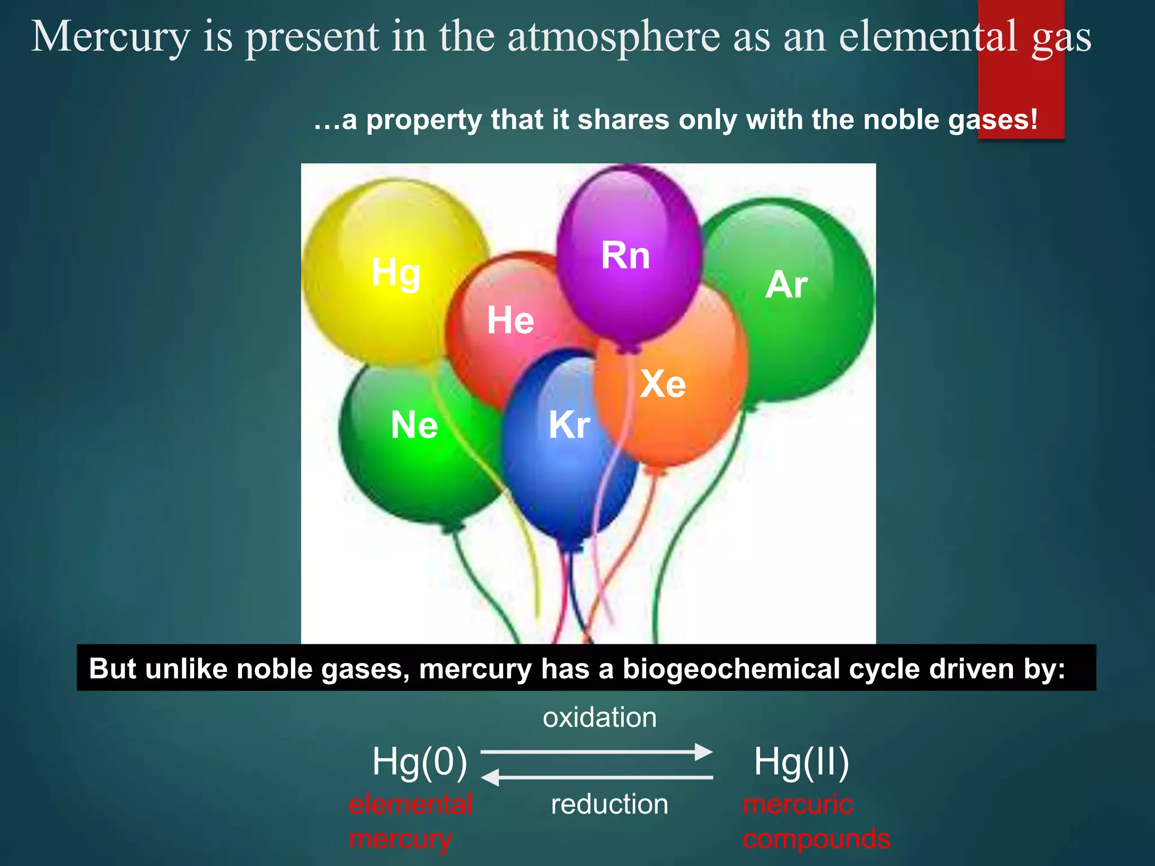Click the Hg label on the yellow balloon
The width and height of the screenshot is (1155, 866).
pos(396,272)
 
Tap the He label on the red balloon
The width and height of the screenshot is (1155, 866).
pos(510,320)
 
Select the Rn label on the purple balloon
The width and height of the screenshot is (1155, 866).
pos(625,255)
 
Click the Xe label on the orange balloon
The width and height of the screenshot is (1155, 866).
pos(663,384)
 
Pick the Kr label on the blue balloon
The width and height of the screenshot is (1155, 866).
pos(570,425)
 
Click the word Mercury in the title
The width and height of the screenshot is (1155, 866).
pos(111,37)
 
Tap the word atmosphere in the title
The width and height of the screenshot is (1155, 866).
pos(614,37)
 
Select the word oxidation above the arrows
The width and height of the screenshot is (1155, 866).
pos(599,718)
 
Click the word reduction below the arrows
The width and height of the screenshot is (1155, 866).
pos(609,804)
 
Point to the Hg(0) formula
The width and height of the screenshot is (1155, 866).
pos(420,762)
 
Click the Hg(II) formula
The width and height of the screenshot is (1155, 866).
pos(801,762)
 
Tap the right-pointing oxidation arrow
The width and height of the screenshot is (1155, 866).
pos(597,752)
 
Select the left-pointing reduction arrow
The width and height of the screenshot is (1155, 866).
pos(597,777)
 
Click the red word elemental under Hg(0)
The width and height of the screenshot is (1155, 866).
pos(411,804)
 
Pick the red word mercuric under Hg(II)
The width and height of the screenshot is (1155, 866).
pos(797,804)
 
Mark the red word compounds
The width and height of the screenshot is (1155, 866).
pos(816,839)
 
